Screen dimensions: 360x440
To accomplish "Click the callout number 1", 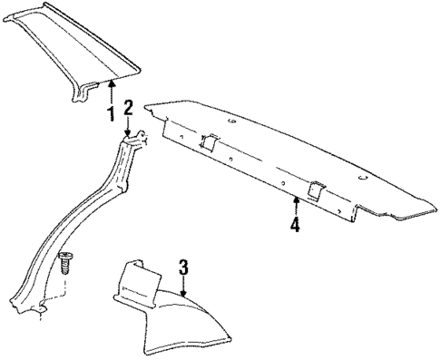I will pos(110,114).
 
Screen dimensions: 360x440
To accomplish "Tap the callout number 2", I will pos(129,108).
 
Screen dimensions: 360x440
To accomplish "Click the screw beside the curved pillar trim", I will pos(66,264).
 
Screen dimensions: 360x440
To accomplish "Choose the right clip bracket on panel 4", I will pos(317,189).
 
